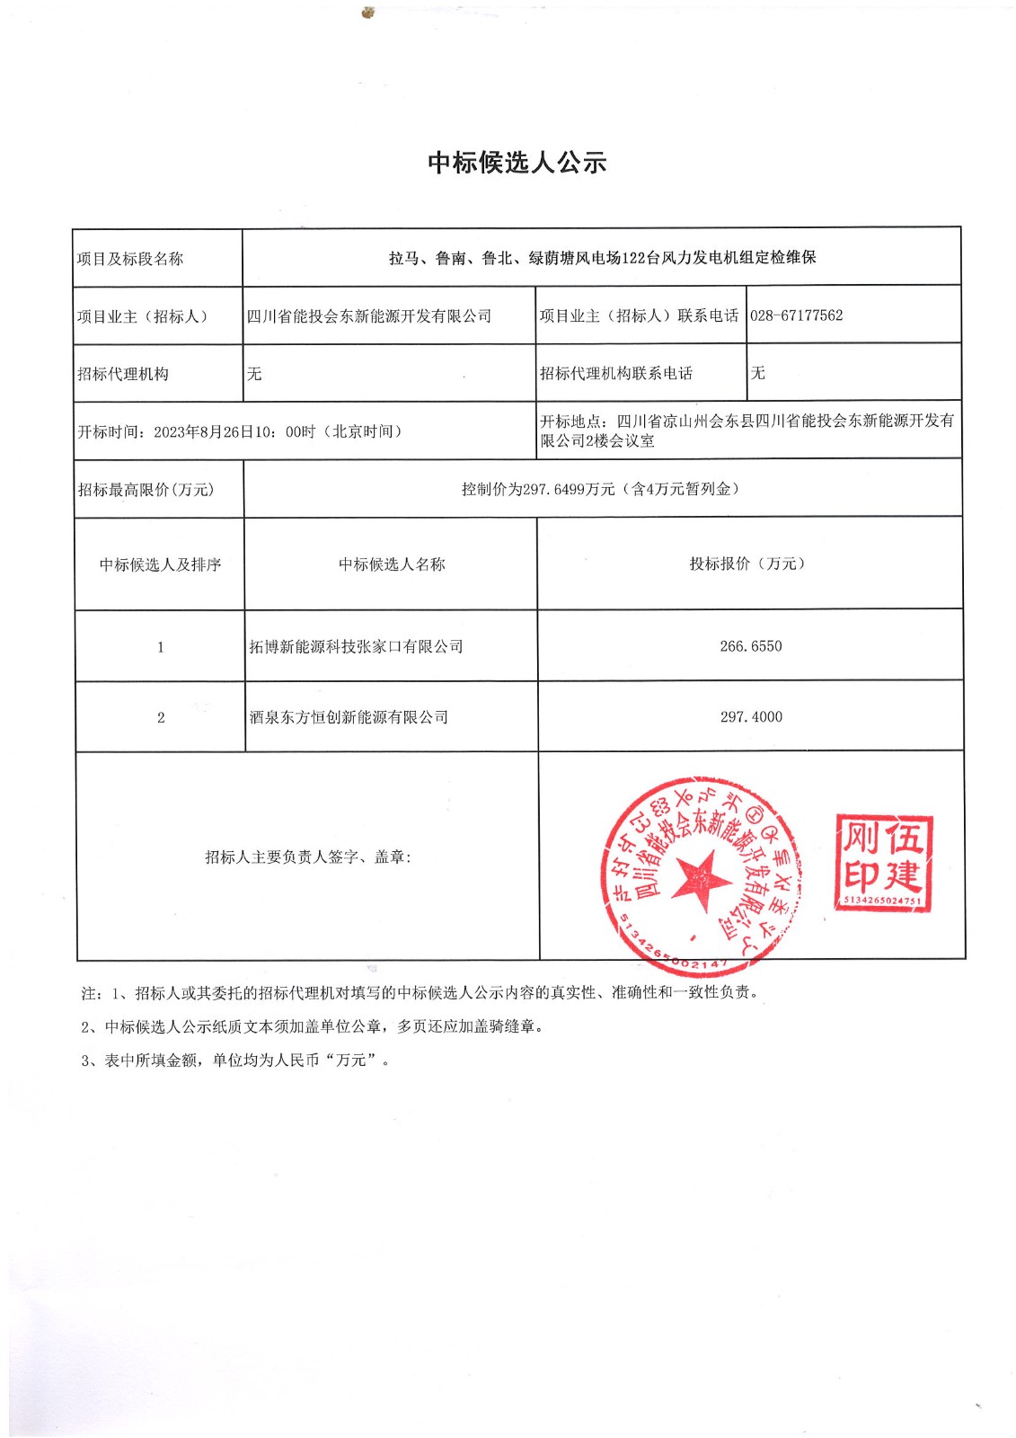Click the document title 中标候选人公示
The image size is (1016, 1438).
pyautogui.click(x=517, y=163)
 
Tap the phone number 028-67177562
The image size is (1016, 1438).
pyautogui.click(x=796, y=315)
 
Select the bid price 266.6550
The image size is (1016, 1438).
pyautogui.click(x=750, y=646)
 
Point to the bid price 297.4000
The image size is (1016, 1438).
pyautogui.click(x=751, y=717)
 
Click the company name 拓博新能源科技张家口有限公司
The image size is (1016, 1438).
pyautogui.click(x=356, y=647)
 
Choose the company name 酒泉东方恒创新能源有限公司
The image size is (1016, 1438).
pyautogui.click(x=349, y=717)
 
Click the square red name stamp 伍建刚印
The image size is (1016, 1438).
pyautogui.click(x=883, y=863)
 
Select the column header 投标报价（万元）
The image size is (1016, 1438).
pyautogui.click(x=748, y=564)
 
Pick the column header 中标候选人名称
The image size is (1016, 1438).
pyautogui.click(x=392, y=564)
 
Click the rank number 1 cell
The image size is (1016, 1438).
pyautogui.click(x=161, y=647)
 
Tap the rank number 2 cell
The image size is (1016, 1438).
pyautogui.click(x=161, y=717)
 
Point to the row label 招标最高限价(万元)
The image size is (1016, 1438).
pyautogui.click(x=146, y=490)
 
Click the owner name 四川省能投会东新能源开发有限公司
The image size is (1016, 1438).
pyautogui.click(x=369, y=316)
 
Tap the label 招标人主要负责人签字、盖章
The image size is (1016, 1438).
pyautogui.click(x=308, y=857)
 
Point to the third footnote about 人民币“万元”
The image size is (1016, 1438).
pyautogui.click(x=235, y=1061)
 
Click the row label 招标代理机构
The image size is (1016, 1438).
pyautogui.click(x=123, y=374)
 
